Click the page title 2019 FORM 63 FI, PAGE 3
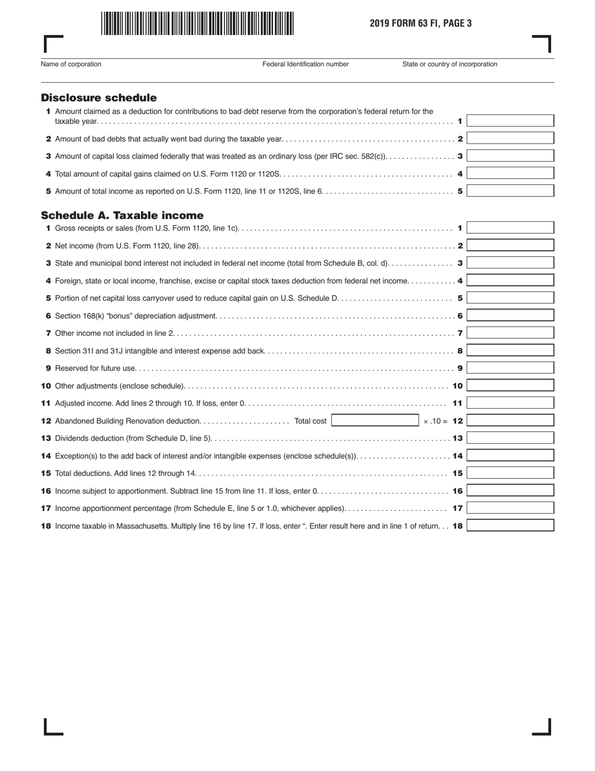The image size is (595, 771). click(420, 24)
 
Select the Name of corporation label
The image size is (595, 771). click(71, 64)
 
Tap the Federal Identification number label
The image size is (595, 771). click(305, 64)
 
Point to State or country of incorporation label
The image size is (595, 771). click(450, 64)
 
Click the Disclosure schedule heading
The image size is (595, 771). click(98, 98)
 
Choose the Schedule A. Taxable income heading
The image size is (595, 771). click(122, 215)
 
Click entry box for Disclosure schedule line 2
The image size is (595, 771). click(510, 139)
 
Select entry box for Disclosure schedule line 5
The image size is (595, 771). click(510, 191)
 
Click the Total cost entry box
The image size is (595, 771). click(375, 421)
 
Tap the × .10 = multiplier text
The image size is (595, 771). click(435, 421)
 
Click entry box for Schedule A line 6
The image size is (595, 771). click(510, 315)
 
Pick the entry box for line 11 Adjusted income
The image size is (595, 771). click(510, 403)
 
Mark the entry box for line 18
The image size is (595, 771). click(510, 526)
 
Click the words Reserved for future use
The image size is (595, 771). click(95, 369)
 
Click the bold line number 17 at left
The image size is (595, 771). click(46, 508)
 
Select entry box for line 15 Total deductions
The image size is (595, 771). click(510, 473)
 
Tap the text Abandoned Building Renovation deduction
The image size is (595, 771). click(128, 421)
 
